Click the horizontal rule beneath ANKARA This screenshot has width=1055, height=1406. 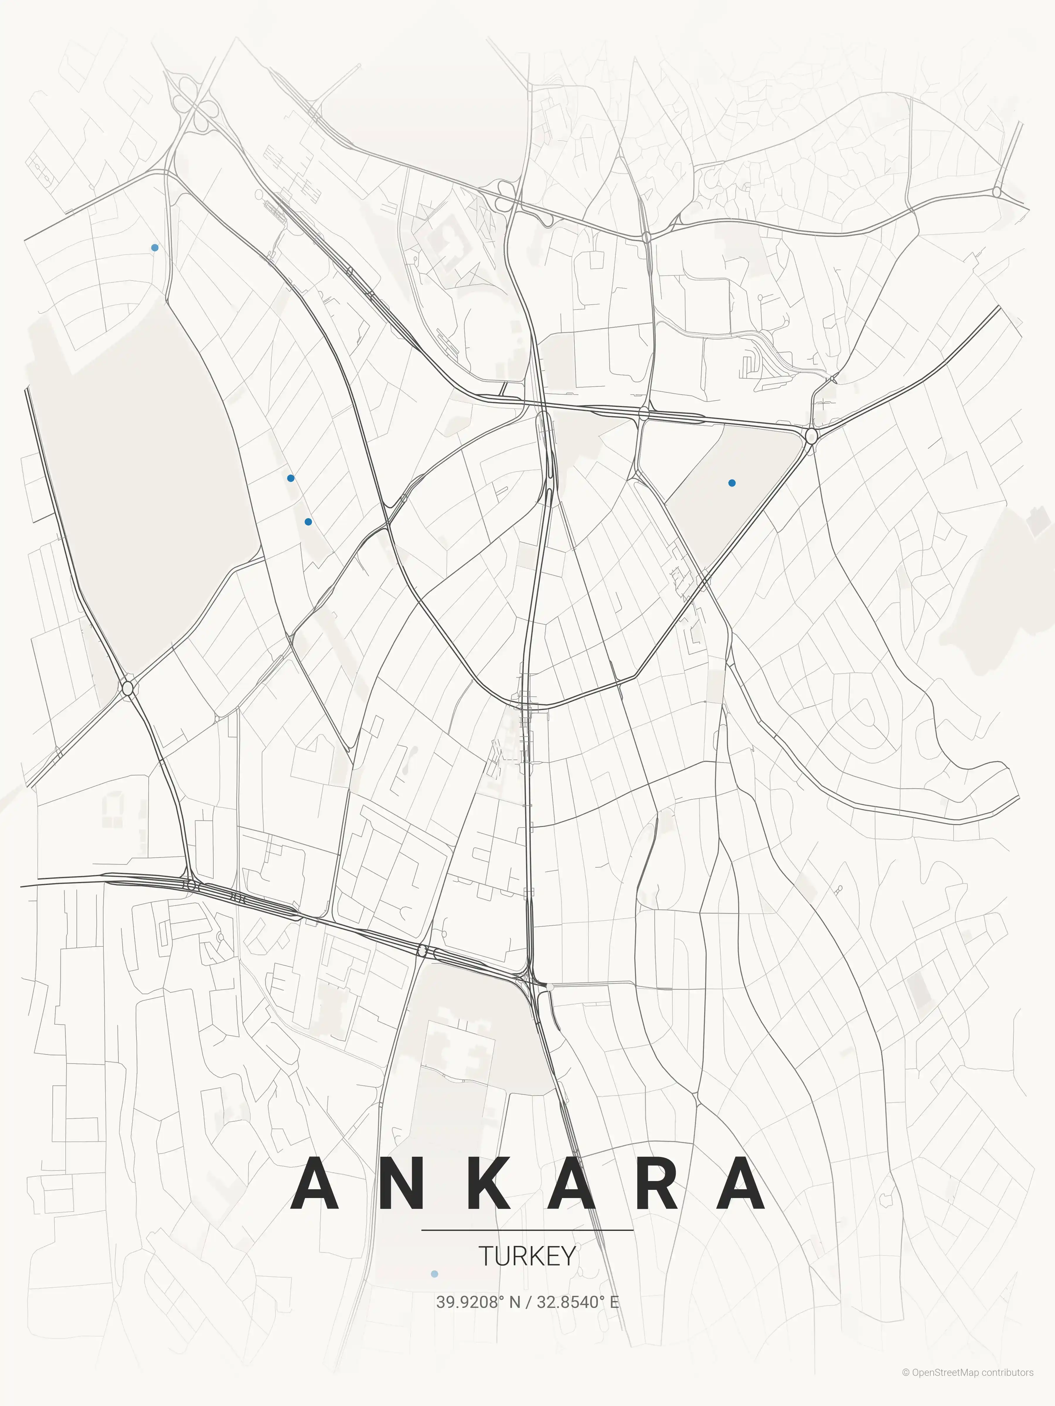(x=527, y=1230)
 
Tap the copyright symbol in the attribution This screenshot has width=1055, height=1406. (x=906, y=1385)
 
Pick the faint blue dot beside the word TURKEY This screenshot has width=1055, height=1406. (x=434, y=1274)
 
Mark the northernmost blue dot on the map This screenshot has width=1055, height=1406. (x=154, y=247)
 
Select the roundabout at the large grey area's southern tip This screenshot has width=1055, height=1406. (x=128, y=687)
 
